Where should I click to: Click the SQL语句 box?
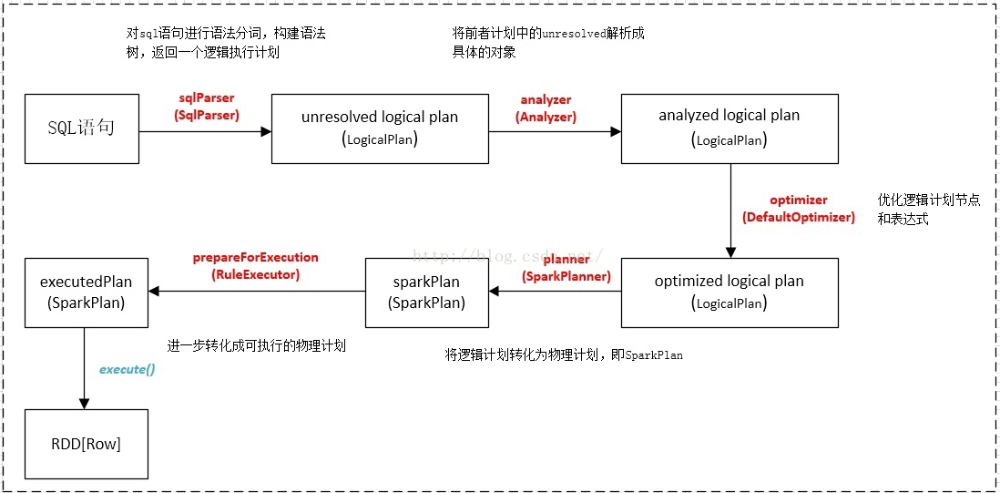[x=82, y=128]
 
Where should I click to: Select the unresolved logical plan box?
[x=380, y=128]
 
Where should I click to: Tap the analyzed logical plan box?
[x=729, y=128]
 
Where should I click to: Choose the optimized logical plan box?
[x=729, y=293]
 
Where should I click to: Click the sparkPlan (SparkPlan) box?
[x=426, y=293]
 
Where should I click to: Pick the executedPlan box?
[x=86, y=293]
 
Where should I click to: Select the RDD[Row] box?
[x=86, y=445]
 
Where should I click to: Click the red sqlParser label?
[x=207, y=98]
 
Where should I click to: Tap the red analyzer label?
[x=546, y=99]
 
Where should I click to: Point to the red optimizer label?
[x=798, y=200]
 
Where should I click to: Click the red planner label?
[x=566, y=260]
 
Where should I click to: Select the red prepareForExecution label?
[x=255, y=258]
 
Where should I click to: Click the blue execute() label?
[x=127, y=369]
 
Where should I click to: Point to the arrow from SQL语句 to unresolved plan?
[x=205, y=131]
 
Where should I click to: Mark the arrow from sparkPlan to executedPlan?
[x=256, y=292]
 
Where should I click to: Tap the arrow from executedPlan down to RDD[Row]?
[x=85, y=368]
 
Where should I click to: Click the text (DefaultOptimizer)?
[x=798, y=217]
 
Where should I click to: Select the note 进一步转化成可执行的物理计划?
[x=256, y=346]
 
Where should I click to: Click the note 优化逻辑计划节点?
[x=928, y=200]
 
